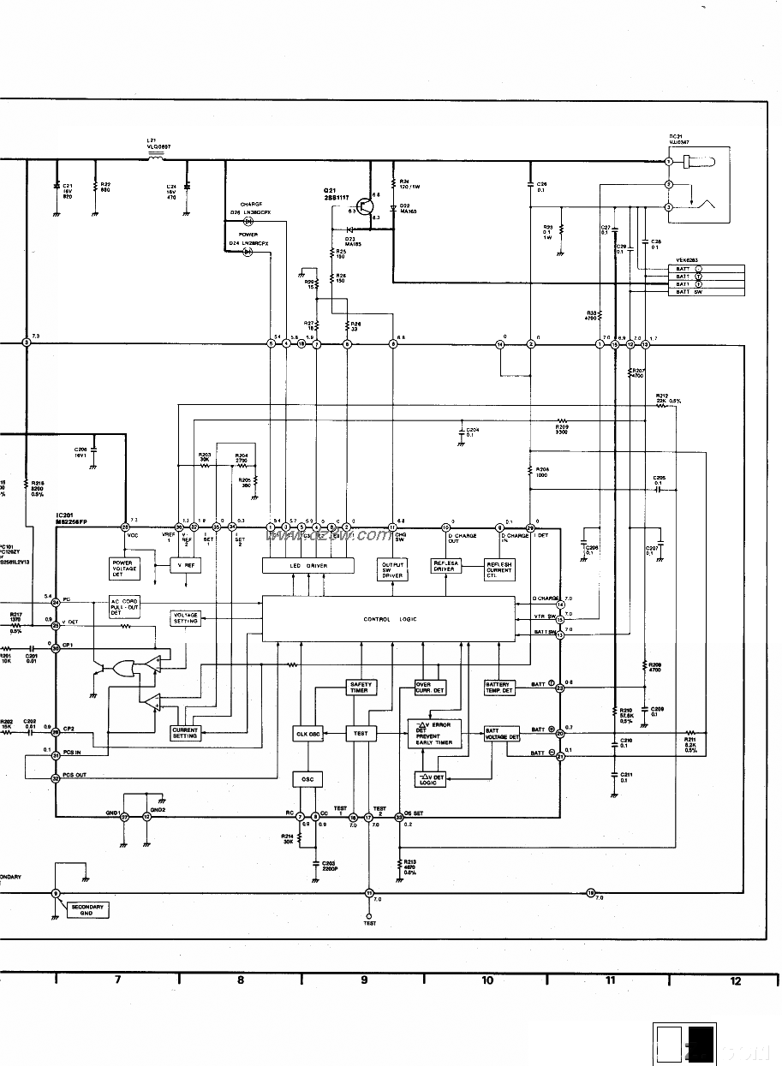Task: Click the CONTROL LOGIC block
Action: tap(390, 619)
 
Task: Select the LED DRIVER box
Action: tap(308, 566)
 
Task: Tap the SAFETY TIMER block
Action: tap(359, 687)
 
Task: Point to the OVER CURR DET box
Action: tap(430, 687)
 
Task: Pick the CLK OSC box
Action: tap(308, 734)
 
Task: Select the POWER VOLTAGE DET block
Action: tap(124, 567)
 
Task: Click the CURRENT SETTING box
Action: tap(185, 733)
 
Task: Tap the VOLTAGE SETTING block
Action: tap(186, 618)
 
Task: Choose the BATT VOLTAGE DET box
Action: tap(502, 734)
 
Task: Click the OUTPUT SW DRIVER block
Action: tap(392, 569)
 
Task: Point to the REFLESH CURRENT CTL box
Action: tap(499, 569)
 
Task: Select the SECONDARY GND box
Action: tap(87, 910)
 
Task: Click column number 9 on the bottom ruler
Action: tap(364, 980)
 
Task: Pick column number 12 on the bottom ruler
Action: tap(735, 981)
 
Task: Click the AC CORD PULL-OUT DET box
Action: tap(124, 605)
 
